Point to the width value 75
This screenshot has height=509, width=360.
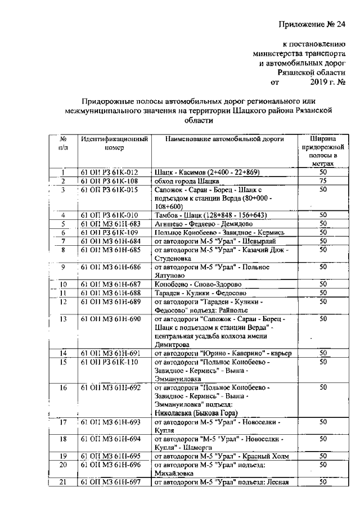[323, 181]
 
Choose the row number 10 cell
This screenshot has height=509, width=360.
[64, 284]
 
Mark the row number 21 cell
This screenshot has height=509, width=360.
[64, 481]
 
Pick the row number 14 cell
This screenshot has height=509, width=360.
[64, 353]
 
